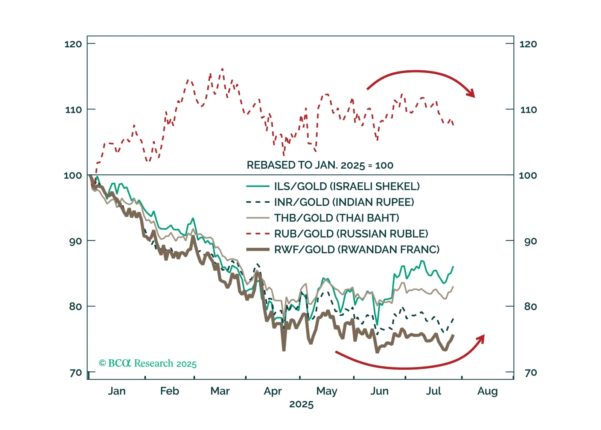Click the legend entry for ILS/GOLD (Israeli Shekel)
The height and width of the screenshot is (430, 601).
(x=346, y=186)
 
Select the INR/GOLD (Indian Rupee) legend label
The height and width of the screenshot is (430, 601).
(x=344, y=202)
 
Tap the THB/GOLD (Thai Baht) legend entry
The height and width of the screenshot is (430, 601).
(x=336, y=218)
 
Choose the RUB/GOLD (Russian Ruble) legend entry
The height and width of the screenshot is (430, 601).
(x=351, y=234)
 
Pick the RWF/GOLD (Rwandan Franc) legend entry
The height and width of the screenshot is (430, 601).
(x=356, y=250)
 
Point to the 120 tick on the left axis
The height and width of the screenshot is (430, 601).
(x=73, y=44)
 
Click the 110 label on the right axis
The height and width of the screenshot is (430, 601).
(x=528, y=110)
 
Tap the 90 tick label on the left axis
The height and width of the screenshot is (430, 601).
(x=75, y=241)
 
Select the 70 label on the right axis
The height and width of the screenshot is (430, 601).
(x=530, y=372)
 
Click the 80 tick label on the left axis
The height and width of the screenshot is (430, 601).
(x=75, y=307)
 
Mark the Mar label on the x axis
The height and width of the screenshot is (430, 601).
(x=220, y=391)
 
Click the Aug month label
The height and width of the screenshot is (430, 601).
(x=487, y=391)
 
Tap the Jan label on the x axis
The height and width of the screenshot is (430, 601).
(x=117, y=391)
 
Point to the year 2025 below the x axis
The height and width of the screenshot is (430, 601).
(x=301, y=404)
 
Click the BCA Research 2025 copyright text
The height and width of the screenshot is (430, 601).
(x=148, y=363)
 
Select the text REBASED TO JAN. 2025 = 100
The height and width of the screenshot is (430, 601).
(x=320, y=165)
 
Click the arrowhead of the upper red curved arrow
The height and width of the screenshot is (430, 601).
(x=472, y=94)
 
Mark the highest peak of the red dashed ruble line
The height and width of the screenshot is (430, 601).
(x=222, y=69)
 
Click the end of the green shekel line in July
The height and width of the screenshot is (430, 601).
(x=453, y=266)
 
